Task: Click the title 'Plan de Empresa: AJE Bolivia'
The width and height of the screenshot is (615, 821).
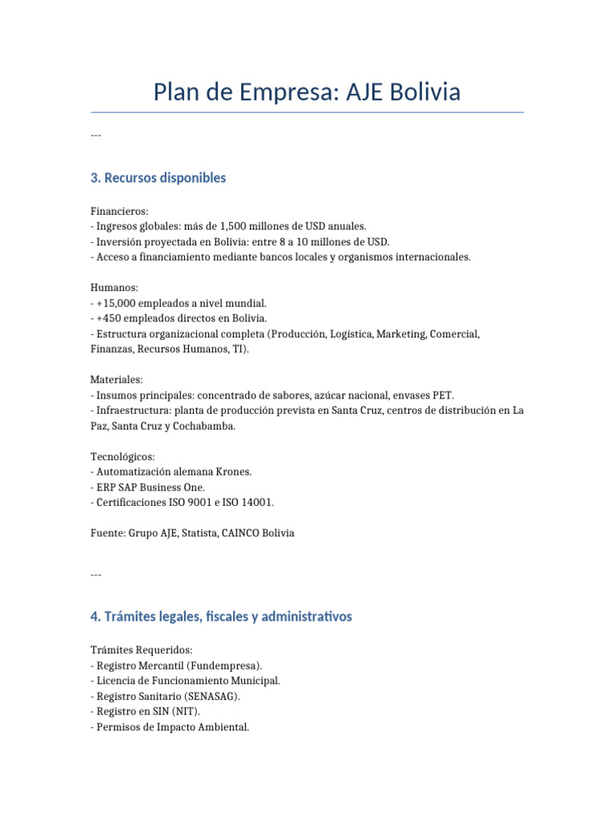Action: (x=307, y=92)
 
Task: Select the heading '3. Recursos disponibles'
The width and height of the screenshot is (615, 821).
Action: (x=159, y=178)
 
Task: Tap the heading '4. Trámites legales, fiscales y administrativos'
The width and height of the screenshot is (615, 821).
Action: (x=221, y=617)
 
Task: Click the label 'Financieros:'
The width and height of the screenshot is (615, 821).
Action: (x=119, y=211)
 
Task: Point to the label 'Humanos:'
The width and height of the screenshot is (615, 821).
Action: (x=115, y=288)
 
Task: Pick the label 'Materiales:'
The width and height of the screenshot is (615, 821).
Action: (x=117, y=380)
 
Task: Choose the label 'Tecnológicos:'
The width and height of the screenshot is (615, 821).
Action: (x=123, y=456)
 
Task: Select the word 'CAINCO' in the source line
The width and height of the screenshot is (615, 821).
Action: (x=236, y=533)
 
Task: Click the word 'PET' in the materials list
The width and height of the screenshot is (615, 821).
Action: (x=444, y=395)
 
